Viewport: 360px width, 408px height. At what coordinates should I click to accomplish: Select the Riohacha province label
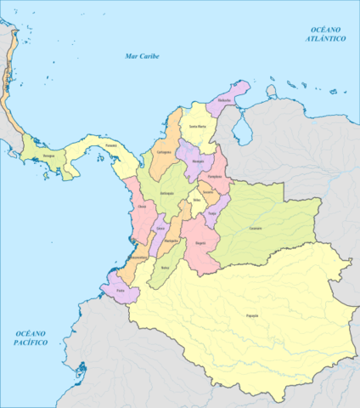point(224,100)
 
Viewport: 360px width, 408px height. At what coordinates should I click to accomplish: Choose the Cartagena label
point(164,151)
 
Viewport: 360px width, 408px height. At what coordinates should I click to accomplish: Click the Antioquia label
point(165,193)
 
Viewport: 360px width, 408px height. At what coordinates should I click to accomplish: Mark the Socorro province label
point(207,192)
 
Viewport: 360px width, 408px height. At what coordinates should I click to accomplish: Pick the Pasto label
point(121,290)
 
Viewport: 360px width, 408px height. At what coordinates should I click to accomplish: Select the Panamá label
point(110,145)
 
